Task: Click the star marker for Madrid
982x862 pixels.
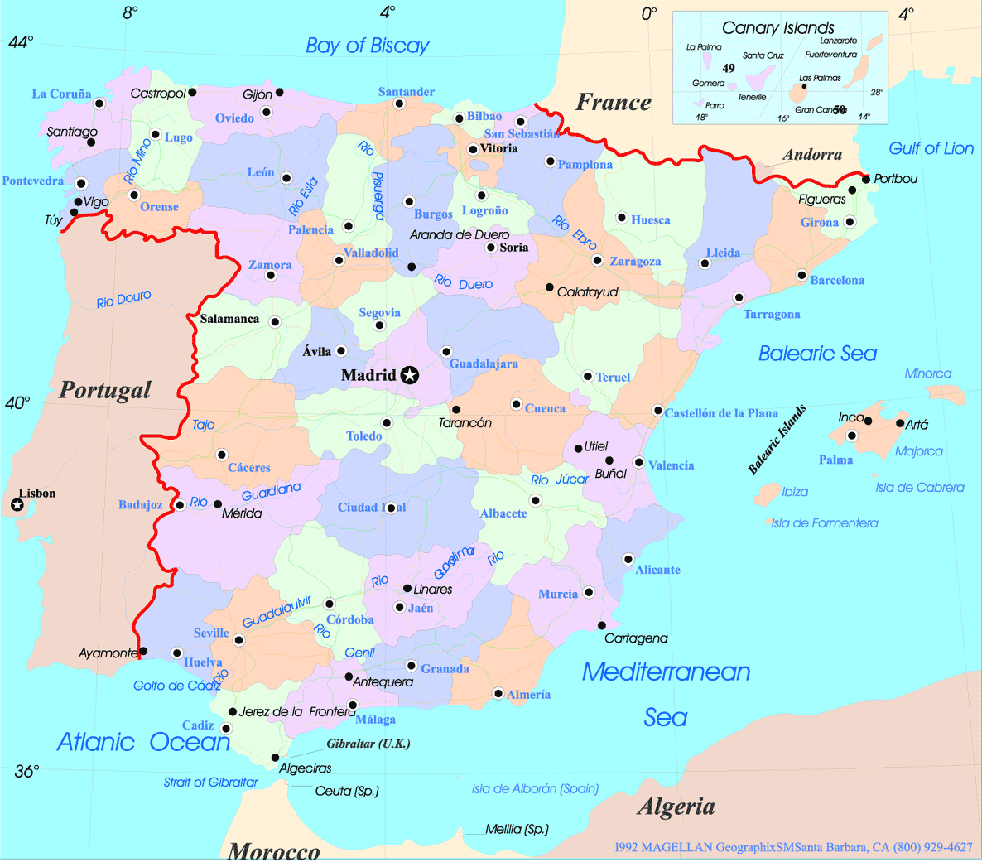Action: pos(409,376)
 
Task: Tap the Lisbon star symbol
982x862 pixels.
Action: pos(17,505)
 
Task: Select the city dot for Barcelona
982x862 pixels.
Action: pos(801,275)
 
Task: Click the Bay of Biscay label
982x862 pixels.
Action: pos(367,46)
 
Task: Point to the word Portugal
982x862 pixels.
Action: pos(105,390)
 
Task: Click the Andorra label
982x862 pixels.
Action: pos(811,155)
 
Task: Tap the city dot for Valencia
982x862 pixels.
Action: pos(638,462)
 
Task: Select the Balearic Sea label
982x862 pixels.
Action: pos(817,354)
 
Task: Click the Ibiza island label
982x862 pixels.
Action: pos(795,492)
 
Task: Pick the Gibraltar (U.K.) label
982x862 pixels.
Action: pos(368,744)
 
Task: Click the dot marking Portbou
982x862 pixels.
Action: pos(866,179)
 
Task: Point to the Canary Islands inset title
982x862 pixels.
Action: pos(777,28)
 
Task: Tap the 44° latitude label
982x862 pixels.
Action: pos(20,42)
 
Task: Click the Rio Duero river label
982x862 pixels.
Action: pos(464,283)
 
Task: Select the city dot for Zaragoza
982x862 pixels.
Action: pos(597,260)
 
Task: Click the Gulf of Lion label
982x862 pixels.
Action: pos(931,148)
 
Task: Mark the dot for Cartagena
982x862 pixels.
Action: pos(602,625)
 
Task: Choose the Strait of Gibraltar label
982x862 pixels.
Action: pos(210,782)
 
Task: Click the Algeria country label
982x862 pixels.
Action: pos(676,807)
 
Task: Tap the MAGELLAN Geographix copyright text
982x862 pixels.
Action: pos(793,847)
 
